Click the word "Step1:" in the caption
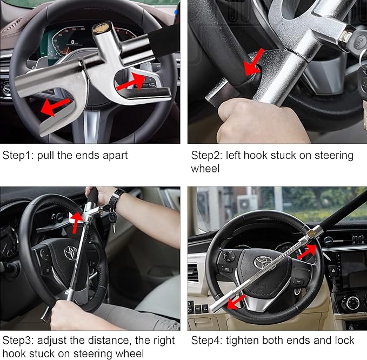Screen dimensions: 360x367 click(x=17, y=156)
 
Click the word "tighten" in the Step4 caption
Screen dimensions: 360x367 click(x=241, y=341)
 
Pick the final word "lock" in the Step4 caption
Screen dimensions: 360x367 click(x=344, y=341)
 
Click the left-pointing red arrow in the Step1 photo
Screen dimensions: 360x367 click(x=56, y=106)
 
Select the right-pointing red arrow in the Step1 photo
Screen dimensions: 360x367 click(x=131, y=82)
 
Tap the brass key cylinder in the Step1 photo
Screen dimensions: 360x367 click(x=101, y=28)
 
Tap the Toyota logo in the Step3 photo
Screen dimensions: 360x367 click(x=70, y=252)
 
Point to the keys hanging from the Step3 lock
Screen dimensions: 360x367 click(x=112, y=219)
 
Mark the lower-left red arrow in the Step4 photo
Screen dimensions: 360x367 click(x=236, y=301)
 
